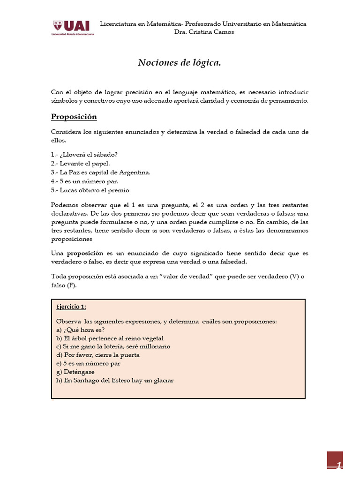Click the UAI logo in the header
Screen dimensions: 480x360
(x=73, y=28)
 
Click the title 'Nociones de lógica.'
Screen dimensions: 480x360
(x=179, y=63)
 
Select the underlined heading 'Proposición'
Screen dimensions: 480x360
(x=74, y=117)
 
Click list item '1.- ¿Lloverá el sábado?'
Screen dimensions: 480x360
(x=84, y=155)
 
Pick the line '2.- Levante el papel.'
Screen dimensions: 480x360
(x=80, y=164)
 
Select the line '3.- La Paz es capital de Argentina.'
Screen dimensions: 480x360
(x=100, y=172)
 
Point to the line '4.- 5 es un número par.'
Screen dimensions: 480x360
(x=84, y=181)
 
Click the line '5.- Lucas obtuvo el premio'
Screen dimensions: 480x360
(x=90, y=190)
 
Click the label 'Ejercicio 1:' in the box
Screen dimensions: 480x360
(x=71, y=307)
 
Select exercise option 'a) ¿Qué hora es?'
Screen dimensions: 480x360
(x=80, y=330)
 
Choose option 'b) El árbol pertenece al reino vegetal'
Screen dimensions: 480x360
(x=110, y=338)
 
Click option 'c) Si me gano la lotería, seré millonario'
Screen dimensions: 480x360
(x=113, y=346)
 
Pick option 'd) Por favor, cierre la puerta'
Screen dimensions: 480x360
(x=97, y=355)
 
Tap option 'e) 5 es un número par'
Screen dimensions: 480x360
(x=88, y=363)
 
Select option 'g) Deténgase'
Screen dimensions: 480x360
(x=75, y=372)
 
